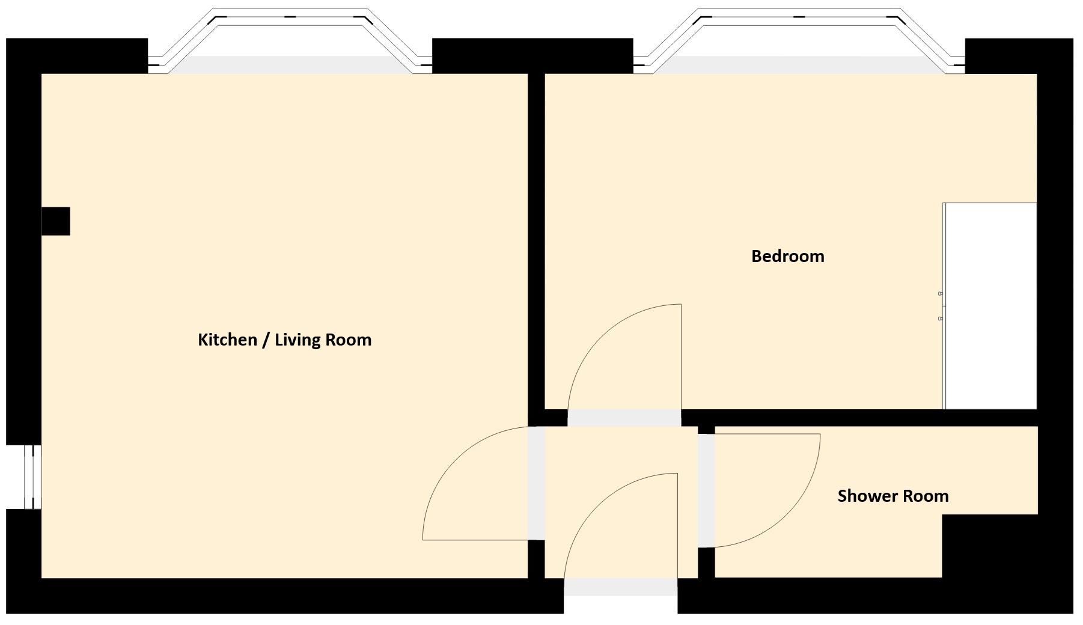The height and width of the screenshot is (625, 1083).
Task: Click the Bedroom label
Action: tap(787, 256)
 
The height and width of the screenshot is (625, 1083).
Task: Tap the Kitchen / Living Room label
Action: tap(284, 340)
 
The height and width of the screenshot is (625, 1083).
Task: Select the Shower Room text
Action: tap(892, 496)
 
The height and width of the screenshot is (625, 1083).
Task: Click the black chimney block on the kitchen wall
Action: tap(56, 221)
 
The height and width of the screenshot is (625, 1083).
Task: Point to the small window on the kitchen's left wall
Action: tap(33, 477)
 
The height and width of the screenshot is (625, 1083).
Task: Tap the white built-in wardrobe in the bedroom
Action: tap(990, 306)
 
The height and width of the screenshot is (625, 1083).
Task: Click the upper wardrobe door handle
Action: tap(941, 294)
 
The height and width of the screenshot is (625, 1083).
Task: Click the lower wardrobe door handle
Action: tap(941, 319)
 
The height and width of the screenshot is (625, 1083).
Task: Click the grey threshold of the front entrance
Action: tap(620, 587)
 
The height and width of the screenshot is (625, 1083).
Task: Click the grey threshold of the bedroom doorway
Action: tap(624, 418)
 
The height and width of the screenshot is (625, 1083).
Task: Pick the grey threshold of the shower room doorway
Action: tap(706, 490)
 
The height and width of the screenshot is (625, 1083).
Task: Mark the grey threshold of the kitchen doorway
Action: tap(536, 483)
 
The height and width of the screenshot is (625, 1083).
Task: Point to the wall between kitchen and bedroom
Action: tap(536, 240)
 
